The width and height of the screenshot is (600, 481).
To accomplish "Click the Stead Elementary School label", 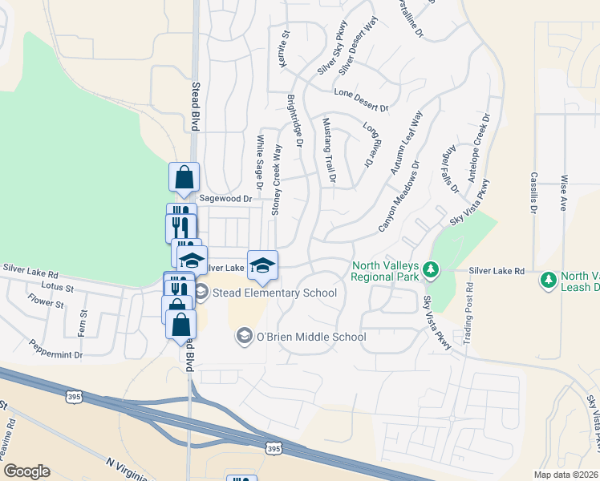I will point(275,293).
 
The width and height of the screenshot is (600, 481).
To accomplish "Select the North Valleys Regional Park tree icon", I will point(431,269).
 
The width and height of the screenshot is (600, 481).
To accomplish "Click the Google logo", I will point(26,471).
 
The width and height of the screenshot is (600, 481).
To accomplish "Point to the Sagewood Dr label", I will point(226,198).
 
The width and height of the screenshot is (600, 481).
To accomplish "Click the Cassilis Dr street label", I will point(533,193).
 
